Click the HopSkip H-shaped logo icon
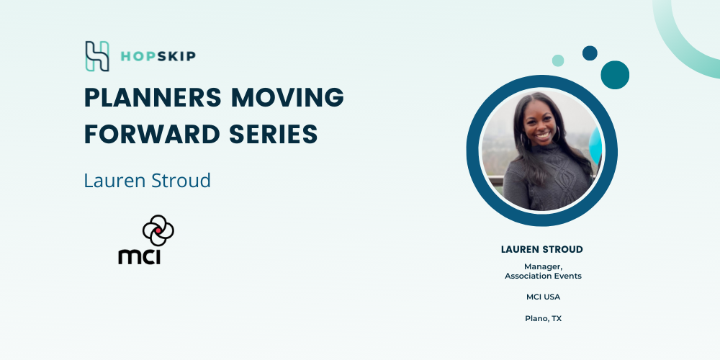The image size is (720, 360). click(x=97, y=56)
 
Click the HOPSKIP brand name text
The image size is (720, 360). click(x=158, y=56)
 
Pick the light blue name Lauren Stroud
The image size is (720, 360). click(x=148, y=181)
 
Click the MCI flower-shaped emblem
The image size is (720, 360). click(x=158, y=230)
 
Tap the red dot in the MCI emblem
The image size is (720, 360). click(x=158, y=230)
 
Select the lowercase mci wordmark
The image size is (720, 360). click(x=140, y=256)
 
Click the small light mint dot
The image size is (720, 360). click(x=558, y=60)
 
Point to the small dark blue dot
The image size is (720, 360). click(x=590, y=53)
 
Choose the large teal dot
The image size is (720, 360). click(x=615, y=75)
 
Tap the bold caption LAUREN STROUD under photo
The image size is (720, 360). click(x=542, y=249)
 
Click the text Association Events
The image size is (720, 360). click(x=543, y=276)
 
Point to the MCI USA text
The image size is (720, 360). click(x=543, y=297)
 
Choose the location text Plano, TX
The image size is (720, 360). click(x=543, y=318)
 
